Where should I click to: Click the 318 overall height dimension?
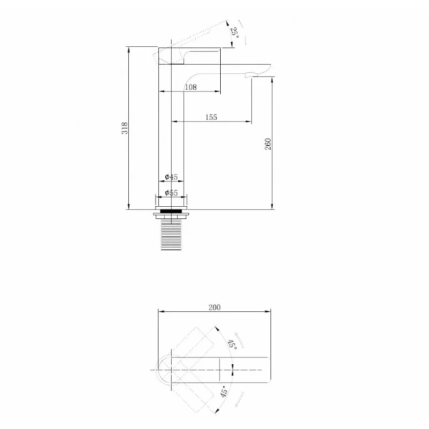[124, 128]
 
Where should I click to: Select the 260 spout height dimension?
[268, 144]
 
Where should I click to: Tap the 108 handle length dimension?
[191, 87]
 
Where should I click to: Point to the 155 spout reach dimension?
[211, 117]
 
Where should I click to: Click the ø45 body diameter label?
[172, 177]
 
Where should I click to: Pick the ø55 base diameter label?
[172, 192]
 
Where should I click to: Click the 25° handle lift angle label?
[235, 33]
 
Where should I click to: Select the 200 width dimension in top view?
[214, 307]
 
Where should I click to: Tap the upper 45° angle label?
[232, 344]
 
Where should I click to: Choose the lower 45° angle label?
[224, 392]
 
